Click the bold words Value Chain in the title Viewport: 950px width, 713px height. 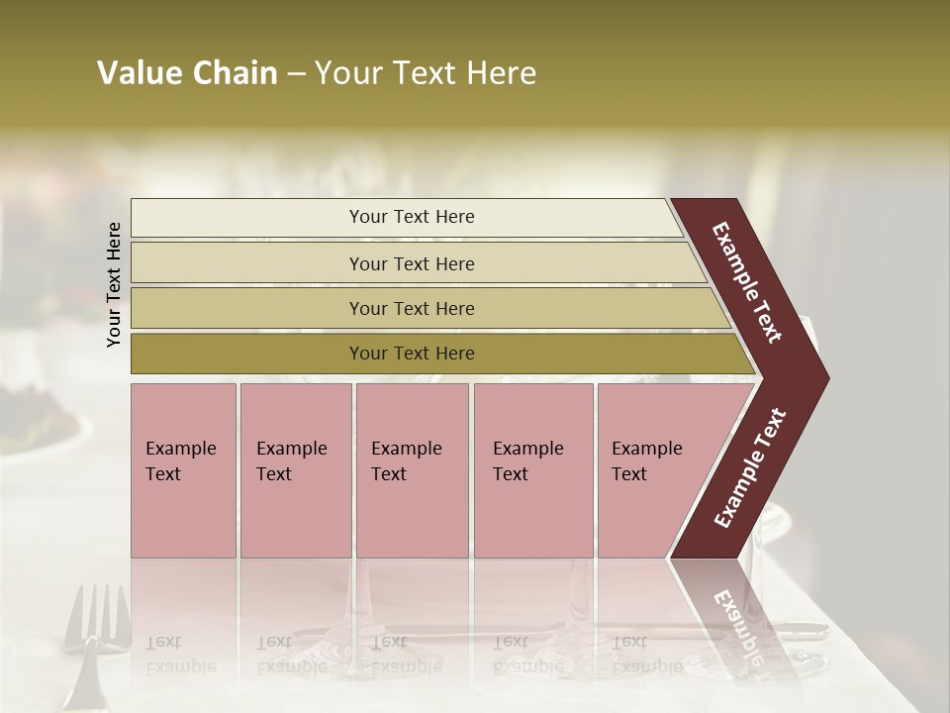[x=187, y=73]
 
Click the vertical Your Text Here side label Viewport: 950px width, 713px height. [x=114, y=284]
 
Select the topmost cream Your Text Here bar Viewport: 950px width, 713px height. [x=412, y=217]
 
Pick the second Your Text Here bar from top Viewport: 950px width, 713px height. [x=412, y=263]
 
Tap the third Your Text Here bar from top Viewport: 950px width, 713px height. [x=412, y=308]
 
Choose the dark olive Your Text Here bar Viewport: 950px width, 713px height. [x=412, y=354]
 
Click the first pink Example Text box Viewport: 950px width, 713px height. [x=183, y=470]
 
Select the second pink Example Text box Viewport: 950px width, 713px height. [x=295, y=470]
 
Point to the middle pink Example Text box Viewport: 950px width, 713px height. [x=412, y=470]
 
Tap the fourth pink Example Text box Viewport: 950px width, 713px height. [x=533, y=470]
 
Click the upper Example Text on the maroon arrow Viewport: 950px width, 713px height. [x=747, y=282]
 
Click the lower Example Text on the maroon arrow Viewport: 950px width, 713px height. [x=749, y=468]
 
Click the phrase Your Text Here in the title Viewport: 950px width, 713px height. [x=426, y=73]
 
